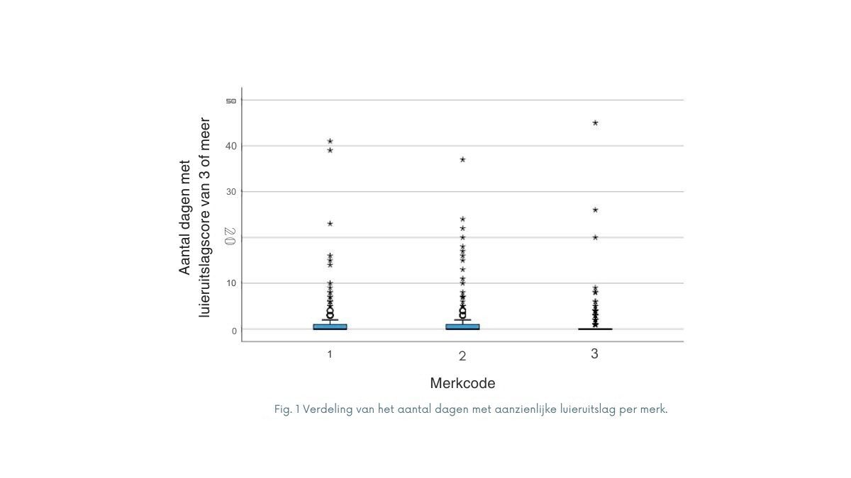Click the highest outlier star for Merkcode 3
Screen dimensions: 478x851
coord(595,123)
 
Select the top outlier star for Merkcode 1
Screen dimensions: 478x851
coord(330,141)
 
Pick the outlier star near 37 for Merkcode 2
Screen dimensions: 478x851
coord(462,159)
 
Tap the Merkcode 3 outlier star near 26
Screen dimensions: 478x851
coord(595,210)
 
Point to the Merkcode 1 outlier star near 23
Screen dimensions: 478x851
coord(330,223)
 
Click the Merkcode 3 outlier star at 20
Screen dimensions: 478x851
coord(595,237)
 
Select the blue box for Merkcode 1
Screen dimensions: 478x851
coord(330,326)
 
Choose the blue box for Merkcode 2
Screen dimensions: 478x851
coord(462,326)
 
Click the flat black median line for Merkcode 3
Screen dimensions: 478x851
coord(595,329)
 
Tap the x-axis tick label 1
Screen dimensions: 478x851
coord(330,353)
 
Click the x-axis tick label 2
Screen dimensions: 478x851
coord(462,355)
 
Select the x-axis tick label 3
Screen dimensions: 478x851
coord(595,353)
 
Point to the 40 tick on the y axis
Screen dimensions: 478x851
coord(231,146)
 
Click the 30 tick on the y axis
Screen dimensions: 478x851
coord(231,192)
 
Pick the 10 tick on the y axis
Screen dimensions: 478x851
coord(231,283)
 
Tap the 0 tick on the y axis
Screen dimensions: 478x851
coord(233,330)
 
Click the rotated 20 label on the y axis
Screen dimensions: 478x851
coord(229,237)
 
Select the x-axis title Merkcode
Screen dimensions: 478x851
coord(462,383)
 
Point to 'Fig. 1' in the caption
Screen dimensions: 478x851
coord(287,409)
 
